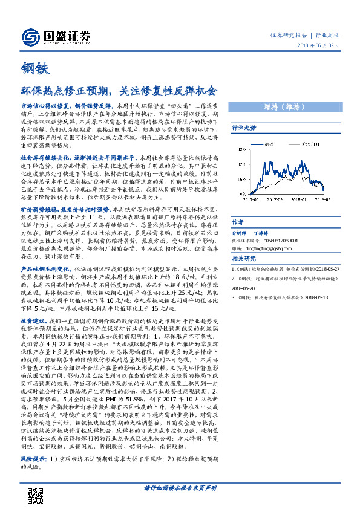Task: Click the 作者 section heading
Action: point(238,221)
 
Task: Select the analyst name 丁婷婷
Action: point(261,232)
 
